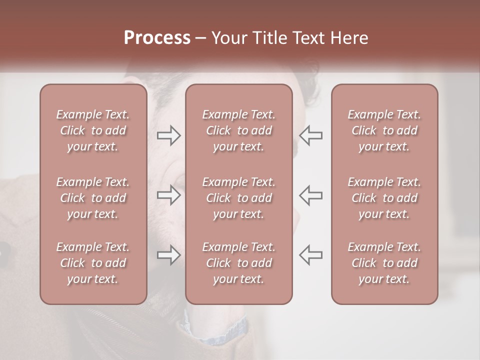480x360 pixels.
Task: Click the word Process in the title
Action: coord(157,38)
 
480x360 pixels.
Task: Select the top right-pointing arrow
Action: coord(169,135)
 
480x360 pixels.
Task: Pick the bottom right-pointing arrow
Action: coord(169,255)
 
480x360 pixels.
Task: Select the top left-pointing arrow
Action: coord(310,135)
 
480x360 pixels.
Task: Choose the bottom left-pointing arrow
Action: coord(310,255)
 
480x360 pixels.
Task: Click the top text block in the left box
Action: coord(93,130)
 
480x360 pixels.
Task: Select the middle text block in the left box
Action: coord(93,198)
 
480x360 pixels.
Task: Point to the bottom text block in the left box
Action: coord(93,263)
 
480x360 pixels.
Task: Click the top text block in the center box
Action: coord(238,130)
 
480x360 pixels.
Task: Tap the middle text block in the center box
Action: coord(238,198)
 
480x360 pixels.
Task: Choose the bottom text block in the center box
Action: coord(238,263)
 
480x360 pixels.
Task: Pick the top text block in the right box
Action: coord(384,130)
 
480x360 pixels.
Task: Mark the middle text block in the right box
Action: coord(384,198)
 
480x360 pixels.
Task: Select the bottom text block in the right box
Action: coord(384,263)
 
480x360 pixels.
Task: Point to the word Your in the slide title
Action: coord(228,38)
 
